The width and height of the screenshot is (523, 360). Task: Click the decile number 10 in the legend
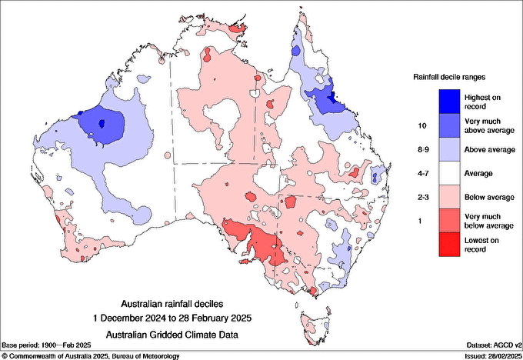pyautogui.click(x=421, y=124)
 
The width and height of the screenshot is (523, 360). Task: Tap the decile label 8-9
pyautogui.click(x=421, y=148)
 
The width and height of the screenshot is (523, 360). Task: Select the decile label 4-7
pyautogui.click(x=421, y=173)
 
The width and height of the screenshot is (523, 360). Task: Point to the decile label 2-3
pyautogui.click(x=421, y=198)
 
